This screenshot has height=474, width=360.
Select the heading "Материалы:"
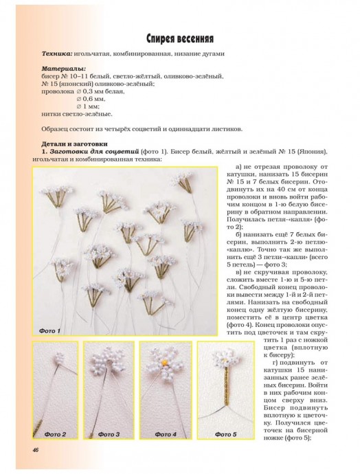click(64, 69)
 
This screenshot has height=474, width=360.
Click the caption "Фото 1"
click(49, 331)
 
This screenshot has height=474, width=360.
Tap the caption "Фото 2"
click(55, 434)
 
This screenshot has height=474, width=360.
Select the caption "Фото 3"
click(109, 434)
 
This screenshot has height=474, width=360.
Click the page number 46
click(35, 450)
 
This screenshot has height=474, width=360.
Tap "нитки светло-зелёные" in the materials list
click(76, 114)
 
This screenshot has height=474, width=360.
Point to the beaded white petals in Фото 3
click(109, 364)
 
